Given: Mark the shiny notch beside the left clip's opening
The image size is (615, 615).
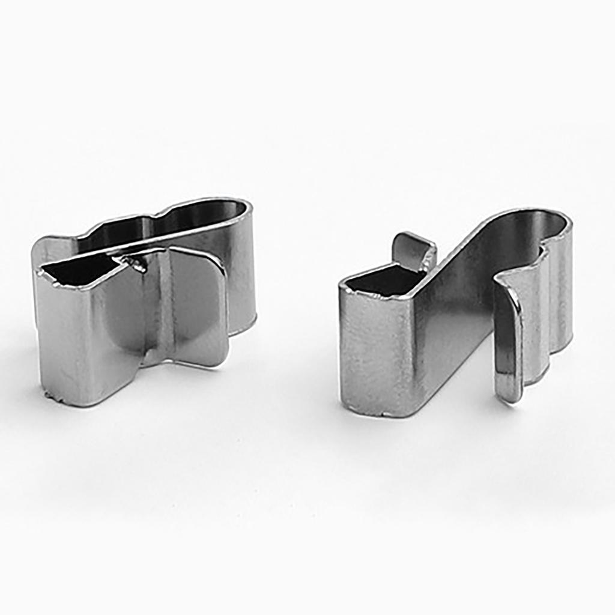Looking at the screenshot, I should [135, 263].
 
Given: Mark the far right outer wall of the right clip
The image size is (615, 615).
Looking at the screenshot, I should [562, 288].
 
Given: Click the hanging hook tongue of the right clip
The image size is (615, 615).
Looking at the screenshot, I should [508, 336].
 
